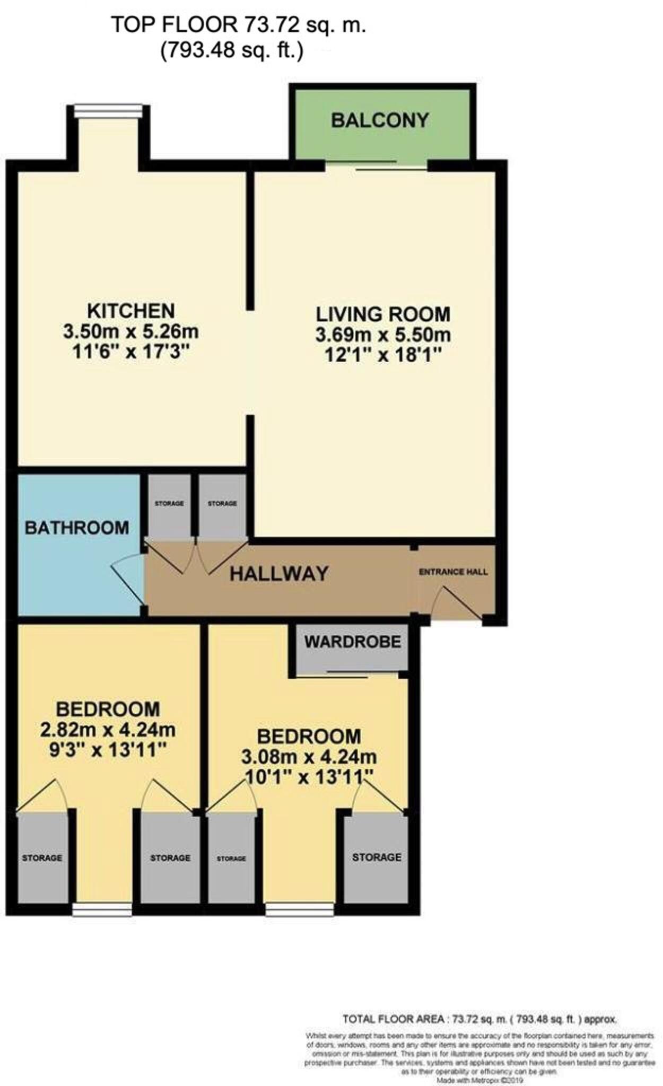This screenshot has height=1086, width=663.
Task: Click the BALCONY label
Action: pos(380,120)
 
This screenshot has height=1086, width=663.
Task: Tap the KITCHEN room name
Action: pos(131,310)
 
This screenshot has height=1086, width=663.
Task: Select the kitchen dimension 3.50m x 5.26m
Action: pos(131,332)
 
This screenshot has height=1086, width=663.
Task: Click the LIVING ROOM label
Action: pos(383,314)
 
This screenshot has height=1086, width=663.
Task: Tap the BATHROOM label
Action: pos(77,528)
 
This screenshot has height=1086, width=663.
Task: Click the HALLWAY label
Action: pos(279,574)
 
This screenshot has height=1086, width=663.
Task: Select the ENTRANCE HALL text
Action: pos(453,572)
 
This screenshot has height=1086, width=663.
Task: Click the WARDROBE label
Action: pos(352,642)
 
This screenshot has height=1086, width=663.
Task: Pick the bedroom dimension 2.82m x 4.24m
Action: pos(108,730)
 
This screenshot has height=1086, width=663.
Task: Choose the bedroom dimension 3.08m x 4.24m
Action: pos(309,757)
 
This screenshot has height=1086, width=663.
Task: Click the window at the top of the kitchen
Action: pos(108,110)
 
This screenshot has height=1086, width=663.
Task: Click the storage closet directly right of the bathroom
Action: pos(169,504)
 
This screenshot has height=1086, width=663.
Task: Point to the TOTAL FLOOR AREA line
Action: pos(479,1019)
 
